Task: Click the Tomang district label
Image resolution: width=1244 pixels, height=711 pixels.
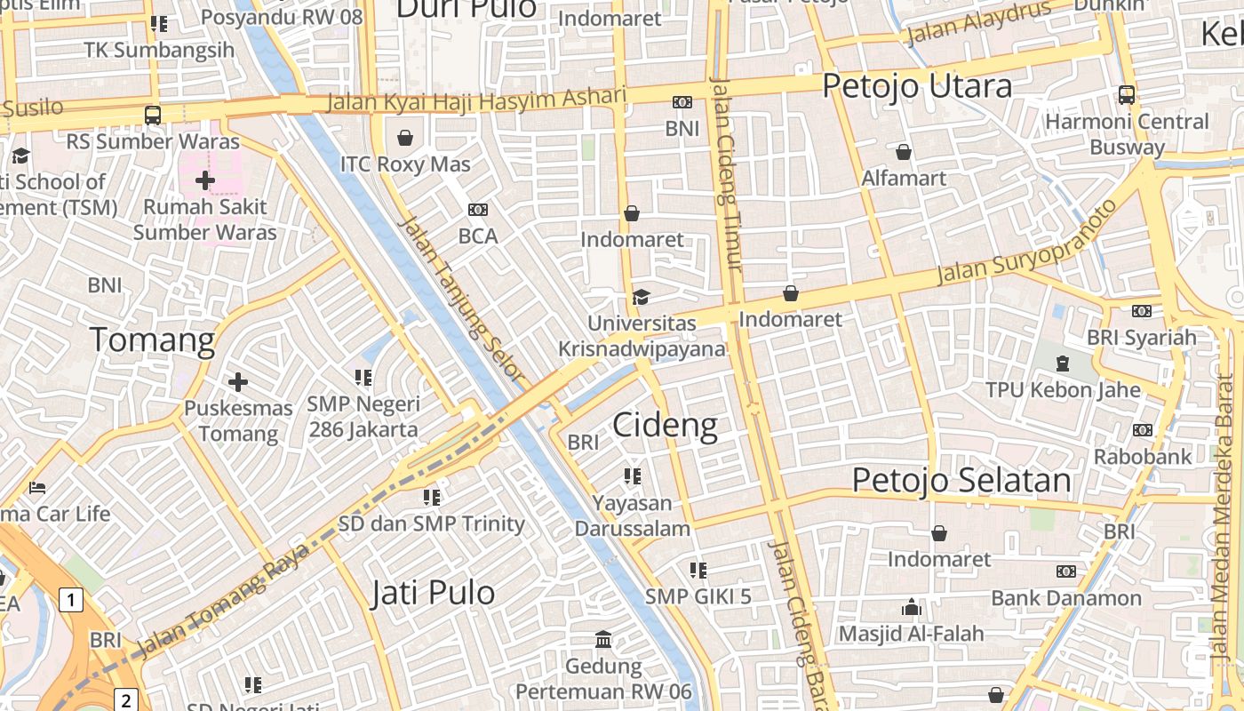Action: pyautogui.click(x=153, y=340)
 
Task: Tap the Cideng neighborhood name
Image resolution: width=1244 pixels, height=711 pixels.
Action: pyautogui.click(x=665, y=425)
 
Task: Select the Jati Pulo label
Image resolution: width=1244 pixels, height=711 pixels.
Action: pyautogui.click(x=432, y=593)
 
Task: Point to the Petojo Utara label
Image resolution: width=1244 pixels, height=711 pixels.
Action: pyautogui.click(x=917, y=86)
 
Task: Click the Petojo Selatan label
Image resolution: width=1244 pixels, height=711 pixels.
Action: pyautogui.click(x=961, y=480)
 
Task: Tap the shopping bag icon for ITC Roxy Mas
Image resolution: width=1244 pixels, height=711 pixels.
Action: pyautogui.click(x=405, y=138)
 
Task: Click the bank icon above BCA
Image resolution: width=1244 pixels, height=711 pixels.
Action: pyautogui.click(x=478, y=210)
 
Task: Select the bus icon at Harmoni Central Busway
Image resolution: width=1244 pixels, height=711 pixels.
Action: pyautogui.click(x=1127, y=94)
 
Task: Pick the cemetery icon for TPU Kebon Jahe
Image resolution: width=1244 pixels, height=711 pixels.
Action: pyautogui.click(x=1063, y=363)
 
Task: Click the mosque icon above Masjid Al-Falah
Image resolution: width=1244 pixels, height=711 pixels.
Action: pyautogui.click(x=912, y=608)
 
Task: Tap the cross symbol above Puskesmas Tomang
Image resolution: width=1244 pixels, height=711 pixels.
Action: pyautogui.click(x=237, y=382)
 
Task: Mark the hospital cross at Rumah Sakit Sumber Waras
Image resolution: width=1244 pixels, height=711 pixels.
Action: pyautogui.click(x=205, y=181)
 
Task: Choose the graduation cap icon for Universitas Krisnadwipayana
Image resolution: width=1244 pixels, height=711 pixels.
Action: pyautogui.click(x=641, y=297)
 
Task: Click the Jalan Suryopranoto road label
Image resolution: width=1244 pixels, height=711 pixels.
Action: pyautogui.click(x=1027, y=242)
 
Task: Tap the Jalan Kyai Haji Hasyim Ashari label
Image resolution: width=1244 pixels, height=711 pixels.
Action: pyautogui.click(x=476, y=100)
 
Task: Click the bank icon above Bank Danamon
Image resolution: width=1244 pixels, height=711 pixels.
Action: pyautogui.click(x=1065, y=571)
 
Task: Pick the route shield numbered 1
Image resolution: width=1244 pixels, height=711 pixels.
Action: pyautogui.click(x=72, y=600)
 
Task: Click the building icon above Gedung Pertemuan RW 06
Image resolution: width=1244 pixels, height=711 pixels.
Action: pyautogui.click(x=603, y=640)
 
